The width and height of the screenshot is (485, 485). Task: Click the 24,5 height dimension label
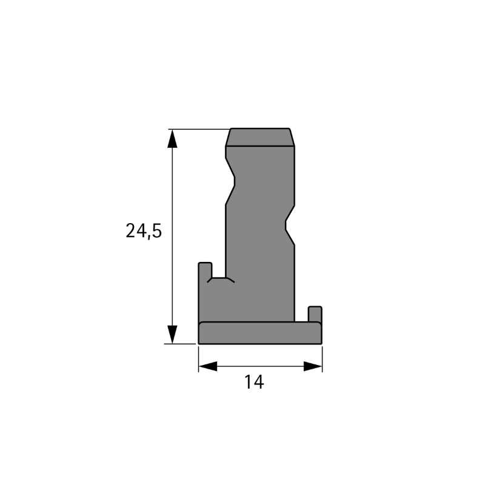(x=144, y=231)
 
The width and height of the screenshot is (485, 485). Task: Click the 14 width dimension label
(x=254, y=382)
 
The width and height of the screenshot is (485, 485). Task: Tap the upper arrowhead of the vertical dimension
(x=172, y=139)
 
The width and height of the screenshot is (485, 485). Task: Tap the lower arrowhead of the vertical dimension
(x=172, y=334)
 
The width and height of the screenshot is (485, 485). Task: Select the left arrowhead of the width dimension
(x=207, y=367)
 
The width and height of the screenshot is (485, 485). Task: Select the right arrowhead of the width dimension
(x=313, y=367)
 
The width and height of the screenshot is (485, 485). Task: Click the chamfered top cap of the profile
(x=260, y=137)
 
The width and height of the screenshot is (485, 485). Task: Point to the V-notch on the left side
(x=230, y=181)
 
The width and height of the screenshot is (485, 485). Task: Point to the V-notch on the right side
(x=290, y=225)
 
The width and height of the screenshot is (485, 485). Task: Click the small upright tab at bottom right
(x=315, y=314)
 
